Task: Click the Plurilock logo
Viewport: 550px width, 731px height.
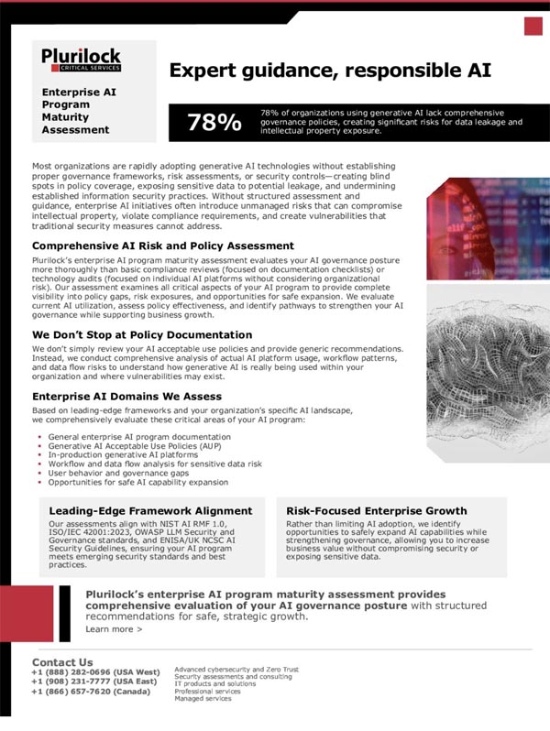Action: tap(81, 60)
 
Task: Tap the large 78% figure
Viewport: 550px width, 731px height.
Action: tap(214, 123)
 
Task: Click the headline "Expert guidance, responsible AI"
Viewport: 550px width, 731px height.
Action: tap(331, 71)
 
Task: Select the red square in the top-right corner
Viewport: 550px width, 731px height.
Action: tap(533, 26)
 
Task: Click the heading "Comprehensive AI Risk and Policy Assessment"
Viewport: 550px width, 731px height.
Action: tap(163, 245)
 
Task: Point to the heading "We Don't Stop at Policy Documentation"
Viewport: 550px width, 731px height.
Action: tap(141, 334)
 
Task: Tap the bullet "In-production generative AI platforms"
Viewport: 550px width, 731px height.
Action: tap(110, 455)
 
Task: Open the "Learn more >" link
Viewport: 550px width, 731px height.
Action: tap(114, 629)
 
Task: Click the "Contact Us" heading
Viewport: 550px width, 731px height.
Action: tap(62, 661)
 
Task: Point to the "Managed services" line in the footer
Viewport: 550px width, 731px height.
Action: tap(203, 698)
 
